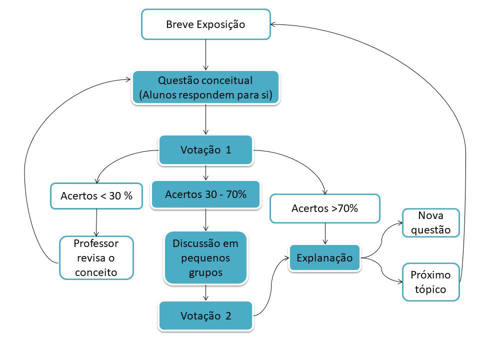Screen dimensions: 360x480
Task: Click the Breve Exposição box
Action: [205, 24]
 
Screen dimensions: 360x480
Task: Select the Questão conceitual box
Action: [205, 88]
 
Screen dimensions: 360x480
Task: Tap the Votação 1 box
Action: [205, 149]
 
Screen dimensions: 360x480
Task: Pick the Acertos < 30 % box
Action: [96, 196]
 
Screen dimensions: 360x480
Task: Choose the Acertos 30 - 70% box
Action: [205, 194]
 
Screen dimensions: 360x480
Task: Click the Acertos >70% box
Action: [324, 208]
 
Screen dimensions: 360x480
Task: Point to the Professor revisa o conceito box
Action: [96, 258]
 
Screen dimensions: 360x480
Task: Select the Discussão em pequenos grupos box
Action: [205, 258]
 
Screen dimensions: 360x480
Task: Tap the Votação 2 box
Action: [205, 316]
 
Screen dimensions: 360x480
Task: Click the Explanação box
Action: [324, 258]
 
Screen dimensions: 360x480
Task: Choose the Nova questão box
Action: [430, 222]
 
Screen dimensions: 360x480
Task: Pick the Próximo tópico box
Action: [430, 282]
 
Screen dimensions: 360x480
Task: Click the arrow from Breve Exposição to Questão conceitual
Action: [205, 55]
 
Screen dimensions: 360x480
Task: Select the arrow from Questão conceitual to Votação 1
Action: [205, 120]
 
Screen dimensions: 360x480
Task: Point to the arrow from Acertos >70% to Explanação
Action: [325, 233]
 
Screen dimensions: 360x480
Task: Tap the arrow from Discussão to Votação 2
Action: [205, 293]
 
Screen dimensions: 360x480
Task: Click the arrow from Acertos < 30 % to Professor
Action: [96, 222]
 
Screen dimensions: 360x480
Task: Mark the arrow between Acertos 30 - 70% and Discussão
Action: [205, 219]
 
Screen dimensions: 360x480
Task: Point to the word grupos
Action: [205, 272]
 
